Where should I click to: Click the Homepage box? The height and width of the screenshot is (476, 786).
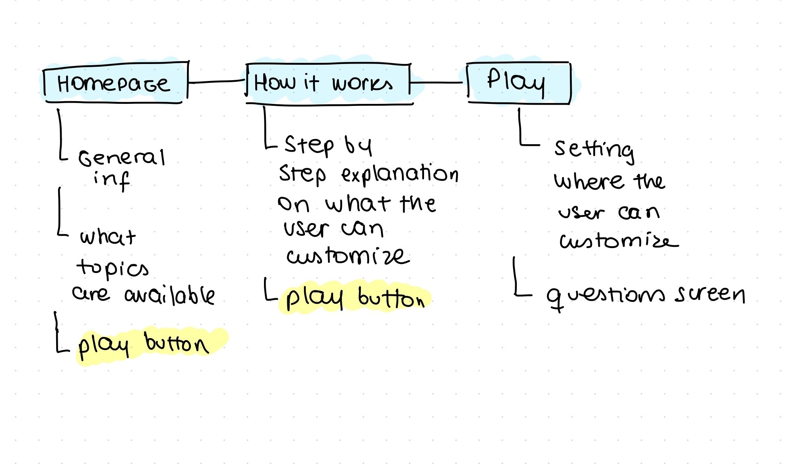point(115,83)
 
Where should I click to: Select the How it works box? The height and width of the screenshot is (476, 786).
point(328,83)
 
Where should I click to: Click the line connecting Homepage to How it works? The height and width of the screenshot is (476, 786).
point(217,82)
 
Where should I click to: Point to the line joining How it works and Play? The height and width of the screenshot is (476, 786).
point(437,83)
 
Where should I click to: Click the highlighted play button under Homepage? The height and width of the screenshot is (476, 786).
point(144,345)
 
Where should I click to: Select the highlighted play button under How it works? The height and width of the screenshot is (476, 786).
point(354,297)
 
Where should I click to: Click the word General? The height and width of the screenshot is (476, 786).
point(122,158)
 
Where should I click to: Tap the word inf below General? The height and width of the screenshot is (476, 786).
point(111,180)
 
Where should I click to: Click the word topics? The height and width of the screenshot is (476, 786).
point(113,268)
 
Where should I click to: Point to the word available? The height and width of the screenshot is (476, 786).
point(170,295)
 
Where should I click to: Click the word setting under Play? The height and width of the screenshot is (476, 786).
point(594,150)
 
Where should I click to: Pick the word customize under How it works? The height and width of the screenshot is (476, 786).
point(348,256)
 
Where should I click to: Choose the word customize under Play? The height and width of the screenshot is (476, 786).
point(618,240)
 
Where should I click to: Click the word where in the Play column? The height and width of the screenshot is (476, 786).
point(589,182)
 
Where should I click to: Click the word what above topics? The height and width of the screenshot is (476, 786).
point(107,237)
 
